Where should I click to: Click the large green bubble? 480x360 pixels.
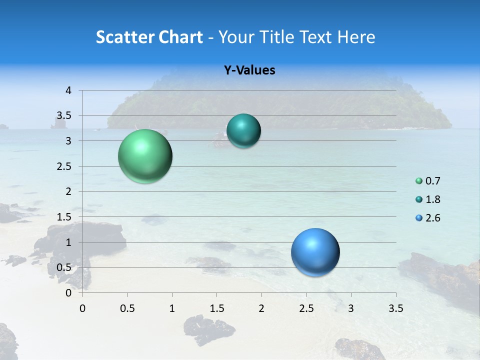[x=145, y=156]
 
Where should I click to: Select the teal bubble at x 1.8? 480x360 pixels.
[x=243, y=131]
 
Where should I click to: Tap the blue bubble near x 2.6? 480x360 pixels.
[x=315, y=252]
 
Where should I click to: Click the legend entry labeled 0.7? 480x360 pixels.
[x=432, y=181]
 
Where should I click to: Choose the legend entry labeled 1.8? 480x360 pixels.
[x=432, y=199]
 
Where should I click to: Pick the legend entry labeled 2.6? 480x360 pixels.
[x=432, y=218]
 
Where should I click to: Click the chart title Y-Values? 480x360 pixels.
[x=249, y=70]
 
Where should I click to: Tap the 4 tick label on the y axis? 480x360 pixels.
[x=68, y=90]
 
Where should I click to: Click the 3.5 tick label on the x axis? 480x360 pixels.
[x=395, y=308]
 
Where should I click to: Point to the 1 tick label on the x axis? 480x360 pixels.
[x=172, y=308]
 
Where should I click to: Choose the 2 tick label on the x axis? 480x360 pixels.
[x=261, y=308]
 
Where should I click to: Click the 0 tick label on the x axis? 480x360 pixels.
[x=83, y=308]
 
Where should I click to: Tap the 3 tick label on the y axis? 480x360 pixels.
[x=68, y=141]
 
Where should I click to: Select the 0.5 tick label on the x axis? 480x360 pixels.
[x=127, y=308]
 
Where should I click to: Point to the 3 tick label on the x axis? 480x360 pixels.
[x=351, y=308]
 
